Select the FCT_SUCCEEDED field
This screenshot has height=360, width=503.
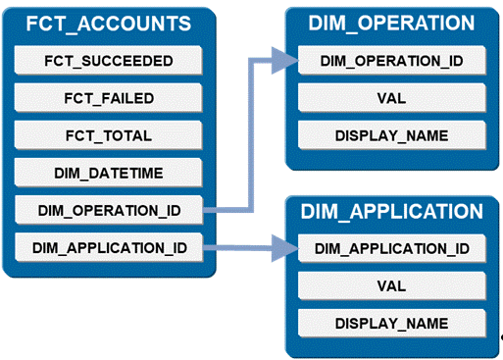coord(109,61)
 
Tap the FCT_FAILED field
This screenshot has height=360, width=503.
coord(109,98)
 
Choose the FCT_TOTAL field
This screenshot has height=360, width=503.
coord(109,135)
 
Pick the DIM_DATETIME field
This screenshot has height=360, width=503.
coord(109,173)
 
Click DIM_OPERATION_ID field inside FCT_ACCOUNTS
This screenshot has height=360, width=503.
coord(109,209)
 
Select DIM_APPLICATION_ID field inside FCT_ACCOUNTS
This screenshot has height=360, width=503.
coord(109,247)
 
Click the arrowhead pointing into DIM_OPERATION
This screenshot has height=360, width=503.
coord(282,61)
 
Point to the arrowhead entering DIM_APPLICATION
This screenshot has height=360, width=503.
coord(282,248)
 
